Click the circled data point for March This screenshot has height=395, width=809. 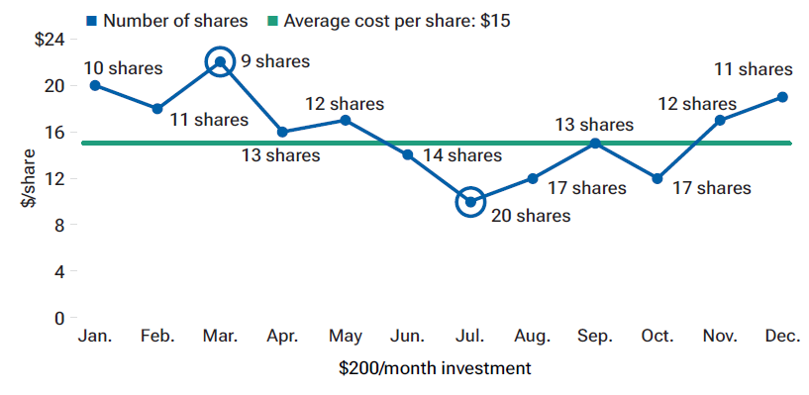(x=220, y=61)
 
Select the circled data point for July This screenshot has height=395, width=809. (x=470, y=202)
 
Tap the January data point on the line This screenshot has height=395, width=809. (x=95, y=85)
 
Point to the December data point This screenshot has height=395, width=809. (x=782, y=97)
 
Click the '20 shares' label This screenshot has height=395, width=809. (x=531, y=215)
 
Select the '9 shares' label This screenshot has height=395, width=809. (x=275, y=61)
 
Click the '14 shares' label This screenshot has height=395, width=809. (x=462, y=155)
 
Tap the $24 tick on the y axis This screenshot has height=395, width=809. (x=49, y=39)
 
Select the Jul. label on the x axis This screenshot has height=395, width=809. (x=470, y=337)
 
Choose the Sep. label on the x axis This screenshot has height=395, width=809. (x=595, y=337)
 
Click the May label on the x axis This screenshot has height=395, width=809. (x=345, y=337)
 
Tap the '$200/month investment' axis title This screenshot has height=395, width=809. (x=435, y=368)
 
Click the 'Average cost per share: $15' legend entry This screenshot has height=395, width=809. (x=401, y=20)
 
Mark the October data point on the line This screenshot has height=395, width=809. (x=657, y=178)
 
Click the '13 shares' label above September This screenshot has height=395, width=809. (x=593, y=125)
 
